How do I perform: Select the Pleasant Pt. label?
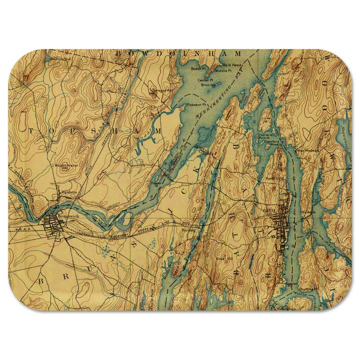[183, 105]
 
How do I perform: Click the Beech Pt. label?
[198, 67]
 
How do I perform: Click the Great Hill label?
[222, 258]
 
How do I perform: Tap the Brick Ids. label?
[207, 85]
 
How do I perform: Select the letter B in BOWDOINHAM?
[118, 53]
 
